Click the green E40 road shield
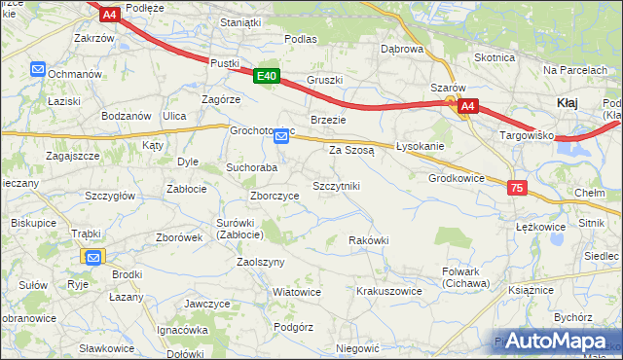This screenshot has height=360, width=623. coord(268,76)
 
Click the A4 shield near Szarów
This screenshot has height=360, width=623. coord(467,106)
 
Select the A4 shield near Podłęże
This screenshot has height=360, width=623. coord(109,14)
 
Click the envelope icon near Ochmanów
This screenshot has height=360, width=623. coord(38,70)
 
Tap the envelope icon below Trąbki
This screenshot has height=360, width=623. coord(92,258)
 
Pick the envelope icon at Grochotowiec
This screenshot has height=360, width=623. coord(281,136)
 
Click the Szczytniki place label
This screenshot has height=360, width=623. coord(336,185)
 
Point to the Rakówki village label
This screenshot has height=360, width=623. coord(369,240)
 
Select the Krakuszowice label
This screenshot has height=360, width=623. coord(388,291)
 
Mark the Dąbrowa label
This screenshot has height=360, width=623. coord(402,49)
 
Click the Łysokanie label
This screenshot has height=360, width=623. coord(421,146)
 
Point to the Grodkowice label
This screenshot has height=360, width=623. coord(457,179)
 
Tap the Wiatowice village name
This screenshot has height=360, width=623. coord(296,292)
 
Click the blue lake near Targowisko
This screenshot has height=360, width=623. coord(574,144)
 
